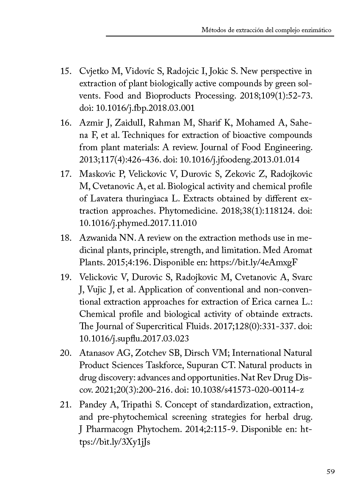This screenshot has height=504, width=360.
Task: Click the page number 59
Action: click(x=330, y=472)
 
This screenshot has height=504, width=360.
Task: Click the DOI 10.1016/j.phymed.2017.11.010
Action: click(x=138, y=223)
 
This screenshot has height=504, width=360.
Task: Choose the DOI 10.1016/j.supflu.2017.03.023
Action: click(x=134, y=339)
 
